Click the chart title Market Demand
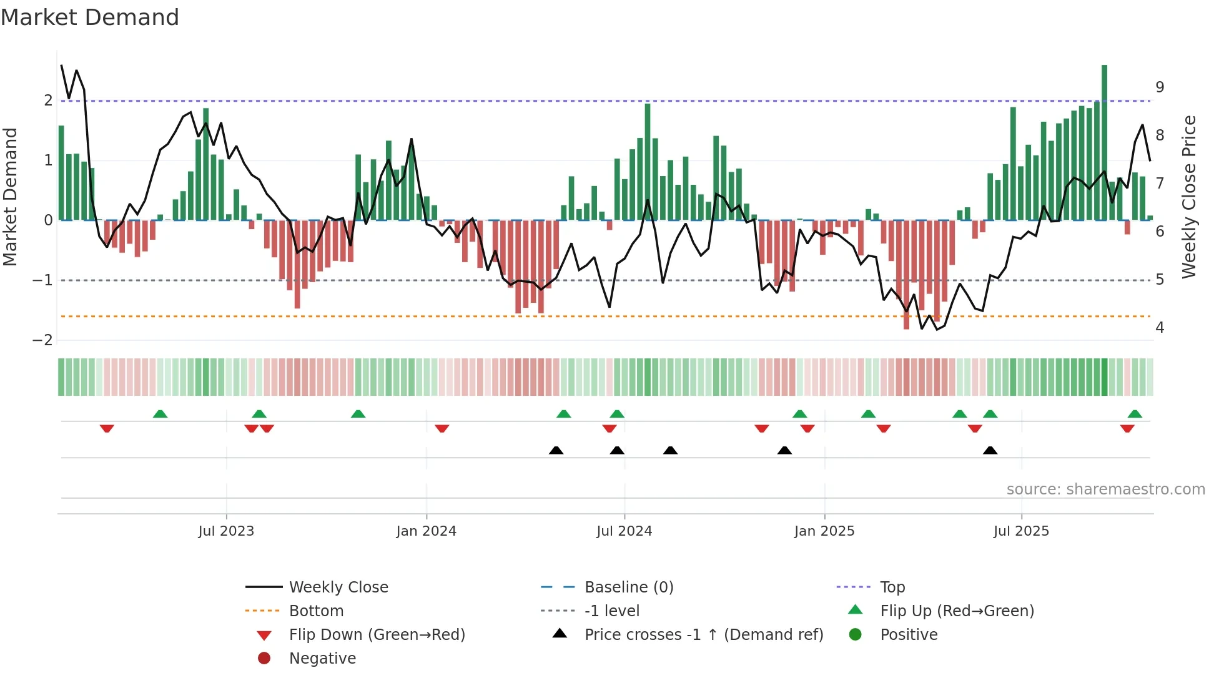90,17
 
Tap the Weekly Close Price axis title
1189,197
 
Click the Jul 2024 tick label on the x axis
624,531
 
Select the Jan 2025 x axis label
824,531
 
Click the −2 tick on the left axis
42,340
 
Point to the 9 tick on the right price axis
1160,87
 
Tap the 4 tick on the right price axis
1160,328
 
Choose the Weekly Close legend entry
338,587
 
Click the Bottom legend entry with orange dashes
316,611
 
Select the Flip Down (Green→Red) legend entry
377,635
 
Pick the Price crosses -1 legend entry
703,635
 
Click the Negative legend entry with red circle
322,659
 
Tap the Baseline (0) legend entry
628,587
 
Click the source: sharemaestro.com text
1105,489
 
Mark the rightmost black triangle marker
990,450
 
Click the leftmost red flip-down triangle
107,428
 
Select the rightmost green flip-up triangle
1135,414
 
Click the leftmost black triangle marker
556,450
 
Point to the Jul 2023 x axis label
226,531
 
